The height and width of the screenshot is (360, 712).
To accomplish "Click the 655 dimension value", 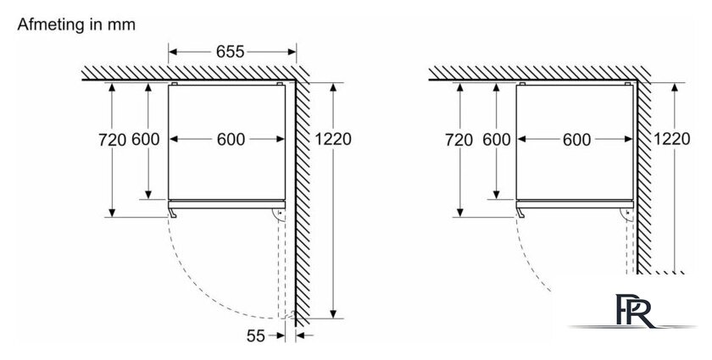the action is click(x=230, y=52).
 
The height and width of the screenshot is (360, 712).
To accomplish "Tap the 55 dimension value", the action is click(x=256, y=336).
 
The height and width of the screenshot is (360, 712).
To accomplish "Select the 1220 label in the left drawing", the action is click(x=333, y=139).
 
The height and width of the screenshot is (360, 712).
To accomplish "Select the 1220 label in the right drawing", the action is click(x=671, y=139).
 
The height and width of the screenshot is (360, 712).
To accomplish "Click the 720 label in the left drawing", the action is click(x=112, y=140).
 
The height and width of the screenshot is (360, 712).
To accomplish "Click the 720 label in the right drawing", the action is click(x=459, y=140).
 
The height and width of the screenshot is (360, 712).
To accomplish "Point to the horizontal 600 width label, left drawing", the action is click(x=231, y=140).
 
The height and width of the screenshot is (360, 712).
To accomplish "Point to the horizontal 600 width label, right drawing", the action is click(x=576, y=140).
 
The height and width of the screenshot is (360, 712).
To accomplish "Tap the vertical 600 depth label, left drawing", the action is click(x=146, y=140).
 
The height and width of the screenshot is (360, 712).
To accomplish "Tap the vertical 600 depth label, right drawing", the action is click(x=497, y=140).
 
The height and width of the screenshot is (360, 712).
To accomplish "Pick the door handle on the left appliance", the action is click(x=172, y=213).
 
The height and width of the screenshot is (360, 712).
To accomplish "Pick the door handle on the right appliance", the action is click(x=520, y=213).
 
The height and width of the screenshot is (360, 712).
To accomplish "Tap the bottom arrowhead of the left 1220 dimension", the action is click(x=333, y=313).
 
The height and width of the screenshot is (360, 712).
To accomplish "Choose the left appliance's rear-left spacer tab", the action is click(x=175, y=84).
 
